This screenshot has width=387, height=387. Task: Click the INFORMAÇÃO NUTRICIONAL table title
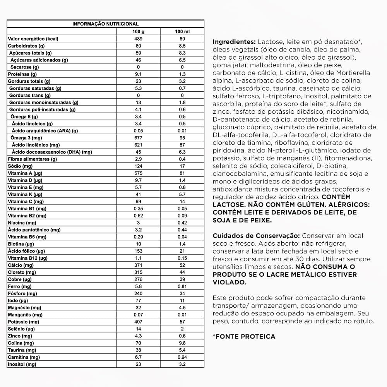(106, 24)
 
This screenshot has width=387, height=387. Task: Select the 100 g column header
(138, 31)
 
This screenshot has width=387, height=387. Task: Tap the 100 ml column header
(182, 31)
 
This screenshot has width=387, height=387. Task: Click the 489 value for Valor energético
(138, 39)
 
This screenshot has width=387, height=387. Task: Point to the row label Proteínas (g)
(22, 74)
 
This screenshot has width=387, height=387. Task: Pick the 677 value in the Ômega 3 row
(138, 138)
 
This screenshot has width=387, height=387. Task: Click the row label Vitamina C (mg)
(26, 202)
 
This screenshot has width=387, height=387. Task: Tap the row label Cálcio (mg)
(21, 265)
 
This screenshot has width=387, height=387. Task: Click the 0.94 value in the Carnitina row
(182, 357)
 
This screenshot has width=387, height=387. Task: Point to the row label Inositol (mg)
(22, 364)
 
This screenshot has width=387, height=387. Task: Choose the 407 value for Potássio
(138, 322)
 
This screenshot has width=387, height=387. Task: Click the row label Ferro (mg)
(19, 286)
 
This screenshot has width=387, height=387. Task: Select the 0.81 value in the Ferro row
(182, 286)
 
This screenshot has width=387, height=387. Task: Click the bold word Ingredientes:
(234, 42)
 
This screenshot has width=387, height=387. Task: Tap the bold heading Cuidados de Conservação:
(256, 236)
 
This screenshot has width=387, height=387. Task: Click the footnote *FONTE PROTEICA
(244, 337)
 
